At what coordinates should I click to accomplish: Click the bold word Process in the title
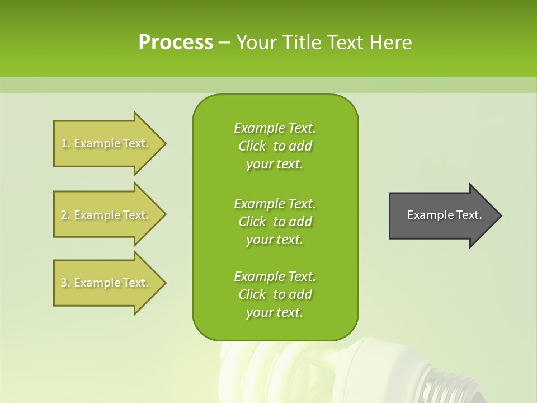[x=176, y=42]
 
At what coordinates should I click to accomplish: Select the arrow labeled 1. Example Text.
[x=106, y=143]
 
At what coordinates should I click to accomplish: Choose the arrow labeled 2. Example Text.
[x=106, y=215]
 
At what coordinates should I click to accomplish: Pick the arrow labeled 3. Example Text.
[x=106, y=283]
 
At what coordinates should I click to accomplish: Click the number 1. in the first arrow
[x=65, y=143]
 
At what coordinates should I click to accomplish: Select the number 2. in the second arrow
[x=65, y=215]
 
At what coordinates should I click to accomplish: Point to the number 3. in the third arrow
[x=65, y=283]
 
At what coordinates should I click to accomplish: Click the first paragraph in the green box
[x=275, y=146]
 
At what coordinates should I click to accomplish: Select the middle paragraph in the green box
[x=275, y=222]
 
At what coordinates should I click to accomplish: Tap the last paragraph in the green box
[x=275, y=294]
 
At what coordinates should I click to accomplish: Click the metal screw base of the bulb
[x=447, y=386]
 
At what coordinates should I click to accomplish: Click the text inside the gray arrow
[x=444, y=215]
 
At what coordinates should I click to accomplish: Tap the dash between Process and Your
[x=225, y=43]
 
